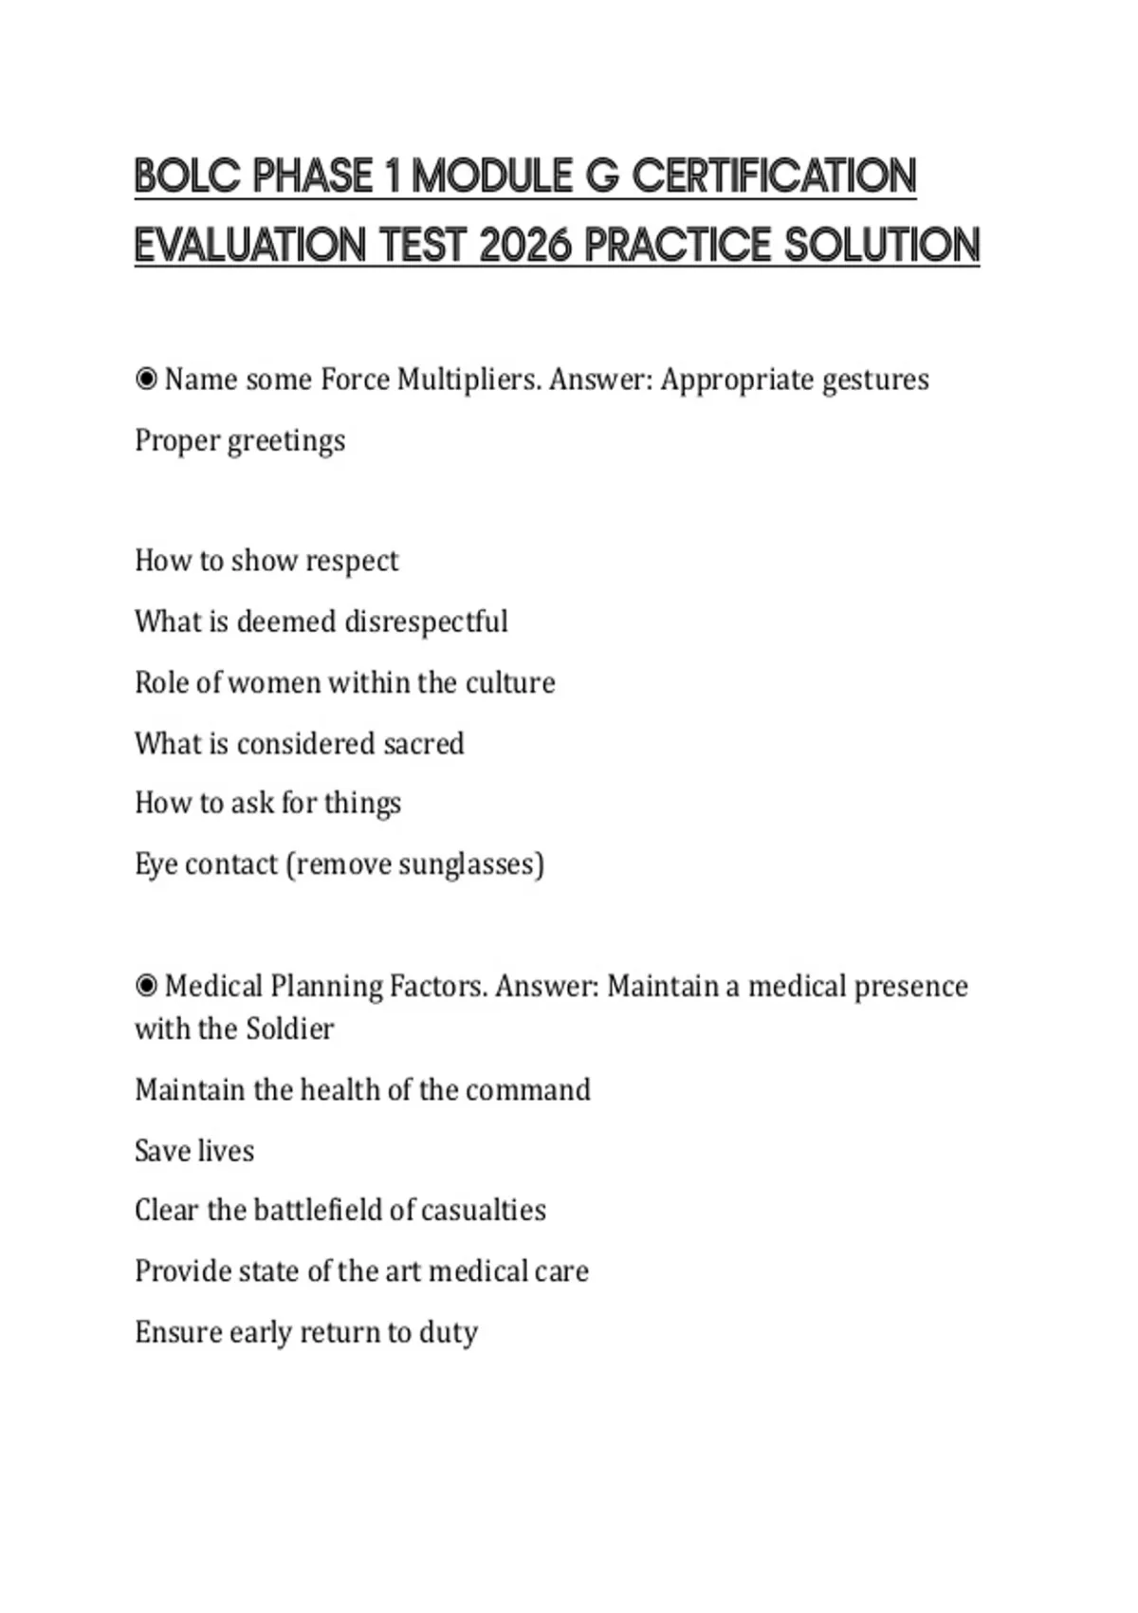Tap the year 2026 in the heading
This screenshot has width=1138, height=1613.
526,247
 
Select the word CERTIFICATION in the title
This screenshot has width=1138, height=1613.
774,177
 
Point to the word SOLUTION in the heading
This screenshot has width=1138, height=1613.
882,247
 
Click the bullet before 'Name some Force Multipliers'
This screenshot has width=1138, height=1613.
146,380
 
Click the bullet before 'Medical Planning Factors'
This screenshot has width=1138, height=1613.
146,987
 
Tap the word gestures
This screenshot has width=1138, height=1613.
875,380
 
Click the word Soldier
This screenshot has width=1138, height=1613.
290,1029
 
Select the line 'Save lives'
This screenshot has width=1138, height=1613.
194,1151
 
